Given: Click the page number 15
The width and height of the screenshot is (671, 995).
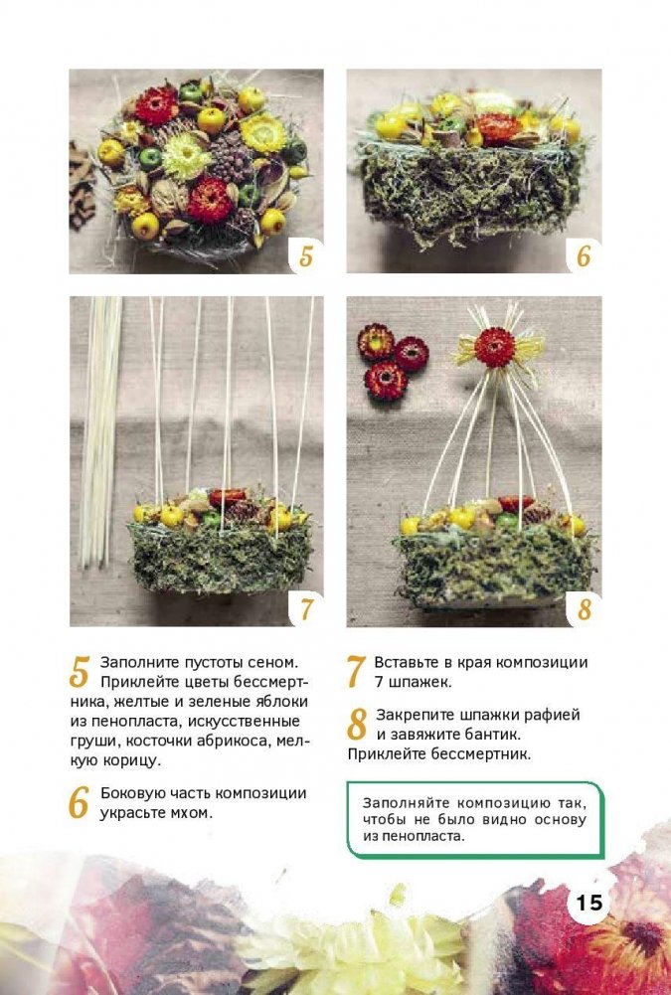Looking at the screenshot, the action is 589,902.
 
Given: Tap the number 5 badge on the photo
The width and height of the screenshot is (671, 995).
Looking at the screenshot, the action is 306,255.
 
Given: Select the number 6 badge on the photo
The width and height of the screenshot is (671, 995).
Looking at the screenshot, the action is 584,255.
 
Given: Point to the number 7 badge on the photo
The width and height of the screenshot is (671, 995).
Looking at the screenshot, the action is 306,608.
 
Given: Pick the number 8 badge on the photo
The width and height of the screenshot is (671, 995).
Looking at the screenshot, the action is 585,609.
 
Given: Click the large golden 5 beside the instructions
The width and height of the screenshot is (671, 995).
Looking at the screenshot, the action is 80,672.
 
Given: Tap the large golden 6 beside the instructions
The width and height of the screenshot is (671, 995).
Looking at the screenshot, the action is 79,803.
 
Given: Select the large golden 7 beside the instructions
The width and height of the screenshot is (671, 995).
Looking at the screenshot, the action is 356,672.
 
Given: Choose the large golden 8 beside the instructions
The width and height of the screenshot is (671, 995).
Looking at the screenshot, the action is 357,724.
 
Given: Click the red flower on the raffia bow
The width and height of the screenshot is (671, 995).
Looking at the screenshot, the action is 494,348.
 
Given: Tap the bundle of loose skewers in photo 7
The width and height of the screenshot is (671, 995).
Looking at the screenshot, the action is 99,431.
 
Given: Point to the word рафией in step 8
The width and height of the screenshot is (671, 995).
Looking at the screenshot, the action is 552,715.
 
